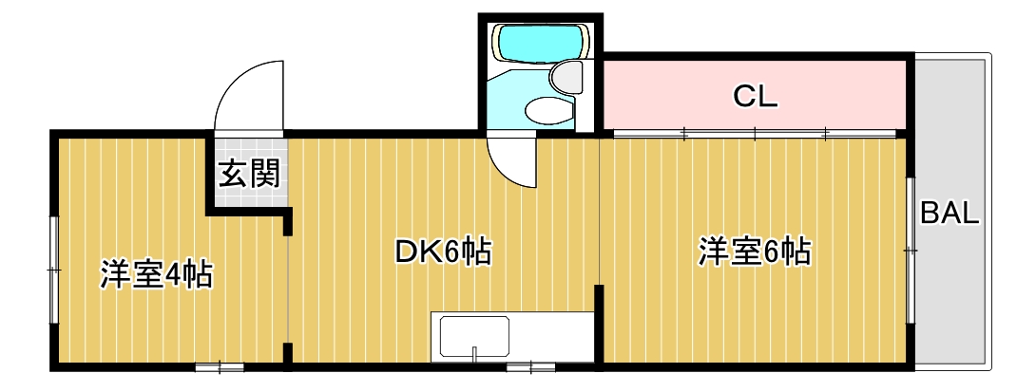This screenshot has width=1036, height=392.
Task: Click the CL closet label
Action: pyautogui.click(x=756, y=95)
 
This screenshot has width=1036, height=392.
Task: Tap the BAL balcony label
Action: pyautogui.click(x=949, y=214)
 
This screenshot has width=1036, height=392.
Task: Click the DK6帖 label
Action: pyautogui.click(x=442, y=252)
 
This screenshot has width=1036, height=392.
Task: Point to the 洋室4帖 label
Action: pyautogui.click(x=156, y=275)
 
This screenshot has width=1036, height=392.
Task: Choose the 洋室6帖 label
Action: pyautogui.click(x=755, y=252)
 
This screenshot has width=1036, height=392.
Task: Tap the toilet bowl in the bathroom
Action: pyautogui.click(x=549, y=111)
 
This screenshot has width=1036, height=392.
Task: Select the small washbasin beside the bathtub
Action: pyautogui.click(x=568, y=75)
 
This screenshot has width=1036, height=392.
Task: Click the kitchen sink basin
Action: pyautogui.click(x=474, y=337)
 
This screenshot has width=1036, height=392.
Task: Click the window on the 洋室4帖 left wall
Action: pyautogui.click(x=54, y=271)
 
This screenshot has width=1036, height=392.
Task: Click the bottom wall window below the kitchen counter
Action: pyautogui.click(x=530, y=365)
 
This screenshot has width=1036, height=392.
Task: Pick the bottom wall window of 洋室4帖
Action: pyautogui.click(x=220, y=365)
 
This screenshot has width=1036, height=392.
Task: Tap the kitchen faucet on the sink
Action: pyautogui.click(x=474, y=354)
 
